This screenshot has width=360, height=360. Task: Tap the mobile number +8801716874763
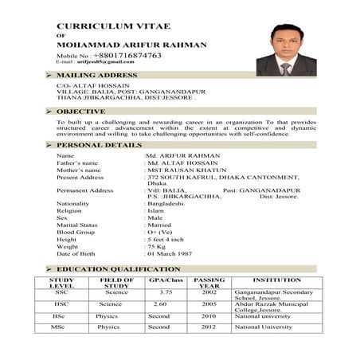point(127,56)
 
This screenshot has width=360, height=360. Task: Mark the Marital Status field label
point(77,224)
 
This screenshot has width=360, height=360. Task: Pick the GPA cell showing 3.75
point(166,292)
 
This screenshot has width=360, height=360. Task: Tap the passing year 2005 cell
point(209,303)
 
